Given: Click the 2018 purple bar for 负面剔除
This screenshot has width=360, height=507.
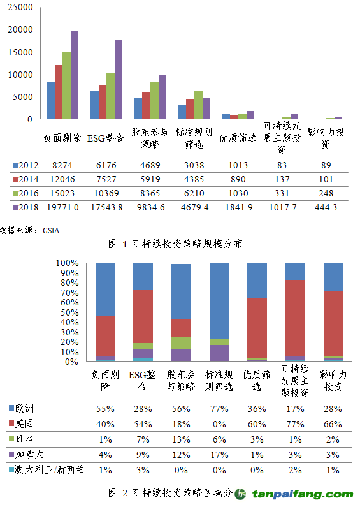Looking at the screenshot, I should pyautogui.click(x=75, y=75).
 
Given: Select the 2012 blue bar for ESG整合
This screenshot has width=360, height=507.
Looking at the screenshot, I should pyautogui.click(x=94, y=105).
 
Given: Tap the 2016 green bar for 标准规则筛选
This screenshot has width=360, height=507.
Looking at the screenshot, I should pyautogui.click(x=198, y=105).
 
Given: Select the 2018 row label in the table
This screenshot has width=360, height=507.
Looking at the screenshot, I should pyautogui.click(x=26, y=207).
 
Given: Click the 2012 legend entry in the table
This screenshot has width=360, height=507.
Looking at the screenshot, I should pyautogui.click(x=26, y=165).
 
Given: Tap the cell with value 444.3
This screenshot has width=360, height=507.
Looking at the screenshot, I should pyautogui.click(x=326, y=207).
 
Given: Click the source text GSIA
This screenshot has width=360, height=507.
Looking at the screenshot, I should pyautogui.click(x=51, y=229).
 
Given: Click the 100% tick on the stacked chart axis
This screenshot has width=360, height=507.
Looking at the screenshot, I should pyautogui.click(x=66, y=263).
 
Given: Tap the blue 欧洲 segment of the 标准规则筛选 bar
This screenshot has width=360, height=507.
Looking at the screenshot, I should pyautogui.click(x=219, y=300).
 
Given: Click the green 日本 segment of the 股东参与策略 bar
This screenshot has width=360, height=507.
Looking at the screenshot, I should pyautogui.click(x=180, y=343).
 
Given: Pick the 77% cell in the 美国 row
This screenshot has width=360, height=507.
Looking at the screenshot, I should pyautogui.click(x=295, y=422).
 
